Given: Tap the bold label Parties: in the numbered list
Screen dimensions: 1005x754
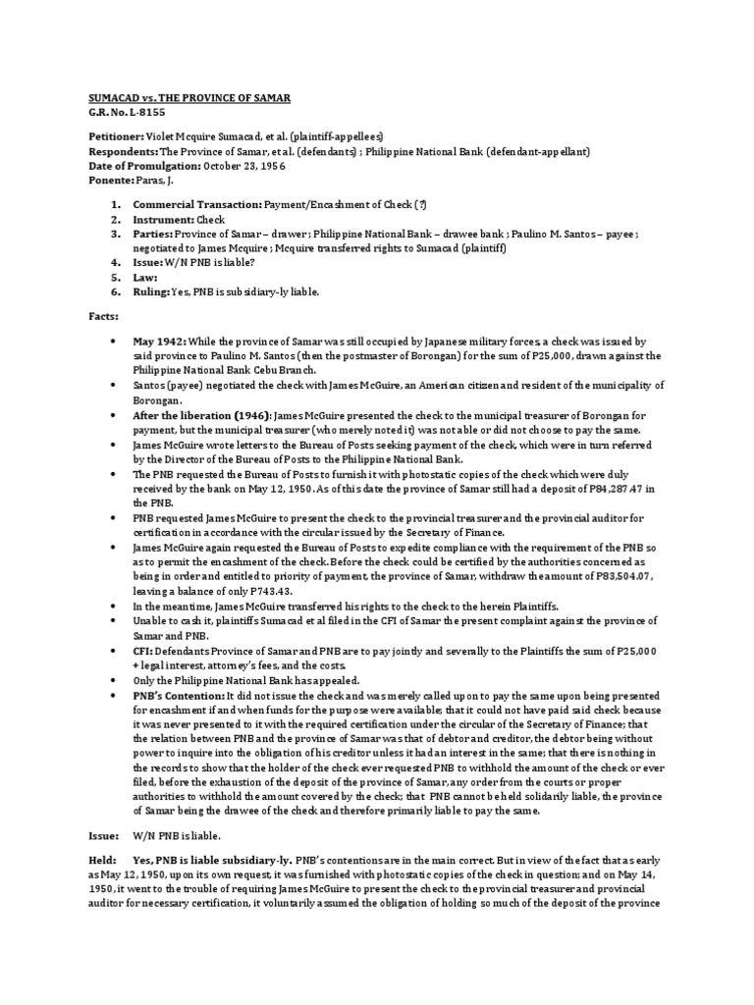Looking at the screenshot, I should point(155,236).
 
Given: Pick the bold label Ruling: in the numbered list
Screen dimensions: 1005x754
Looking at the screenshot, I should point(152,291).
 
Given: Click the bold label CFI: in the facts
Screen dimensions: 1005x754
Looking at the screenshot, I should point(144,652).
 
